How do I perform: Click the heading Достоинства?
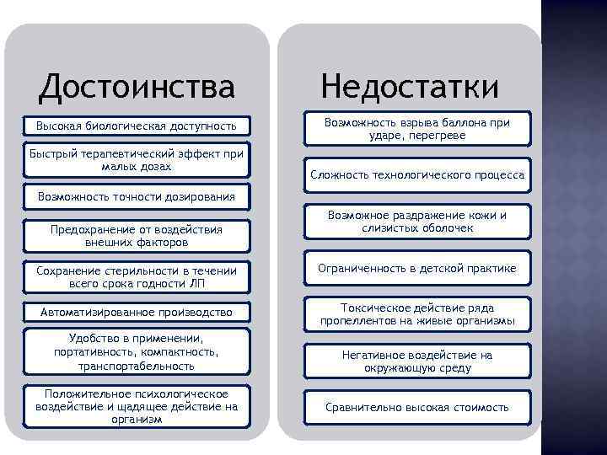point(137,86)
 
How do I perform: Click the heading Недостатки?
point(410,86)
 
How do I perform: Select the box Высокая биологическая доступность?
point(136,126)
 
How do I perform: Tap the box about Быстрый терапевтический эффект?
point(136,160)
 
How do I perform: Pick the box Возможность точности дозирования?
point(136,197)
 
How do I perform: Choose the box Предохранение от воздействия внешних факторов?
point(136,236)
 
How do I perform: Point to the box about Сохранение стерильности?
point(136,276)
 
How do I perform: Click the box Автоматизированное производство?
point(136,313)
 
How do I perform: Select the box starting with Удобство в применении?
point(136,351)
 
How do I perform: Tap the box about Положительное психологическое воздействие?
point(136,407)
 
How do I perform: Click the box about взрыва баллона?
point(417,129)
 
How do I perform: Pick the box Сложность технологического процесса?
point(417,175)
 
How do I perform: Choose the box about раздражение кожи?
point(417,222)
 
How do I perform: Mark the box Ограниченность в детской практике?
point(417,269)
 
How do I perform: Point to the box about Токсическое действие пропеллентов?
point(417,315)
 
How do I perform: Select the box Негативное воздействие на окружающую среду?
point(417,361)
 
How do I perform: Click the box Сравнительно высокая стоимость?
point(417,408)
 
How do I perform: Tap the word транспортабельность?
point(136,367)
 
